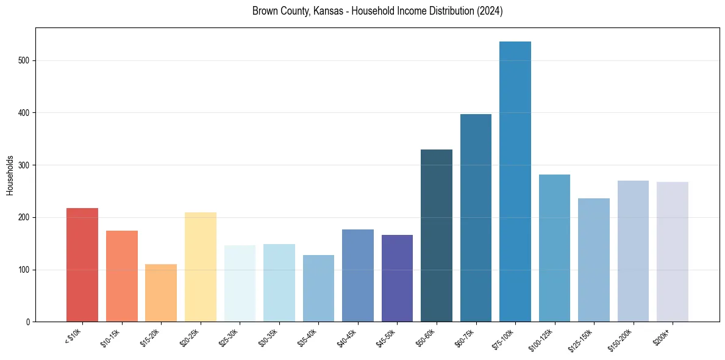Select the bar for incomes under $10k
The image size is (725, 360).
tap(82, 265)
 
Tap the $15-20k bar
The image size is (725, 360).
tap(161, 293)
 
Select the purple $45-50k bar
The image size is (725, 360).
tap(397, 278)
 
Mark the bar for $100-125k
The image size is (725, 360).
tap(554, 248)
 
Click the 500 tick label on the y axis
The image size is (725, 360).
tap(24, 61)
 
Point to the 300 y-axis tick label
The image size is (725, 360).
tap(24, 165)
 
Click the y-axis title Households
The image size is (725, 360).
tap(10, 175)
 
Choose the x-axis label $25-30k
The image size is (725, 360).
tap(229, 337)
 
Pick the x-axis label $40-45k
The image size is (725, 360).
tap(348, 337)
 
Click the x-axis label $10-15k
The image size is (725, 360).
tap(111, 337)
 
